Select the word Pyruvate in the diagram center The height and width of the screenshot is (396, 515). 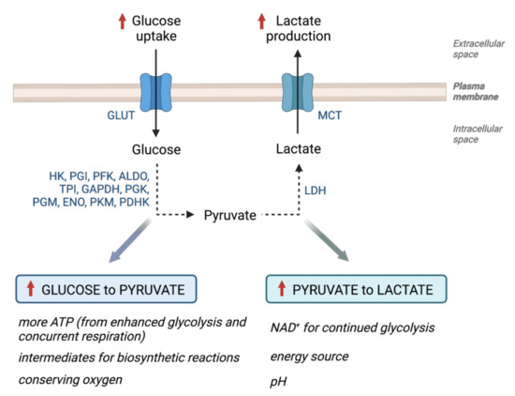231,216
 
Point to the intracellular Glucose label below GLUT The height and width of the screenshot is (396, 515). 158,149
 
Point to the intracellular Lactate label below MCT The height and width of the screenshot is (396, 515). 297,149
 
